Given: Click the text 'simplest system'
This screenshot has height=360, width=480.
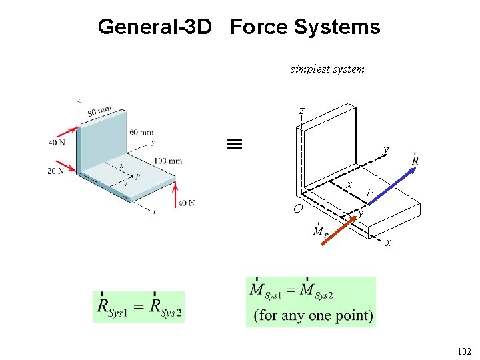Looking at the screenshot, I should (327, 69).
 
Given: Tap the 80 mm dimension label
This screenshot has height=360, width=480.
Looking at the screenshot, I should (99, 113).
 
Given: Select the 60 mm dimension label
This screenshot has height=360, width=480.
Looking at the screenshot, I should (141, 133).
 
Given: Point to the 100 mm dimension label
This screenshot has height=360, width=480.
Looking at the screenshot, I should (167, 161).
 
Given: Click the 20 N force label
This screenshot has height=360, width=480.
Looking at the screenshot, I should (56, 171).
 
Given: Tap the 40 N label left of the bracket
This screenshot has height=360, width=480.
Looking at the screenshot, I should (57, 143).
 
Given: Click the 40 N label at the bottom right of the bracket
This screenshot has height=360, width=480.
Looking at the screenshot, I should (187, 203).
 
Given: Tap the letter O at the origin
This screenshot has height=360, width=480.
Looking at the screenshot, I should (299, 209).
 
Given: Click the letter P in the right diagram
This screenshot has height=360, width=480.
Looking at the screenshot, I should (370, 194).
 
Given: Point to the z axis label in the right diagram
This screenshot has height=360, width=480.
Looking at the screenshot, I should (302, 110).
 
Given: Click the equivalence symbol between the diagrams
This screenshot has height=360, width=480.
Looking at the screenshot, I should (234, 143).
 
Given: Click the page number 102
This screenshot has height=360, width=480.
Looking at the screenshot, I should (464, 351).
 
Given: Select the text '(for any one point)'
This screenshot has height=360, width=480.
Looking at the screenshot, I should (313, 315).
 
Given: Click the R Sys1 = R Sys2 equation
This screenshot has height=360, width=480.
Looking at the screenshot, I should (139, 307).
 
